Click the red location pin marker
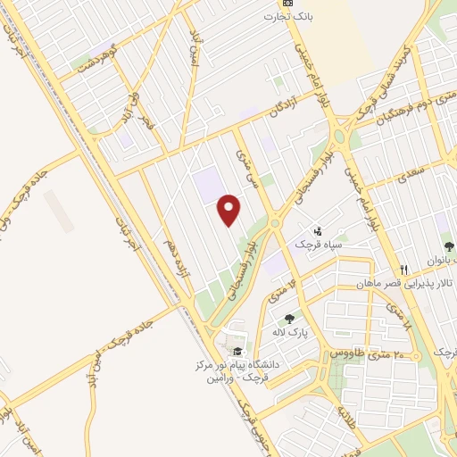[x=230, y=211]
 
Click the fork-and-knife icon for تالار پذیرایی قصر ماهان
[x=404, y=270]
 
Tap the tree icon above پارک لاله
[x=289, y=319]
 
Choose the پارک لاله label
[x=289, y=332]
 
